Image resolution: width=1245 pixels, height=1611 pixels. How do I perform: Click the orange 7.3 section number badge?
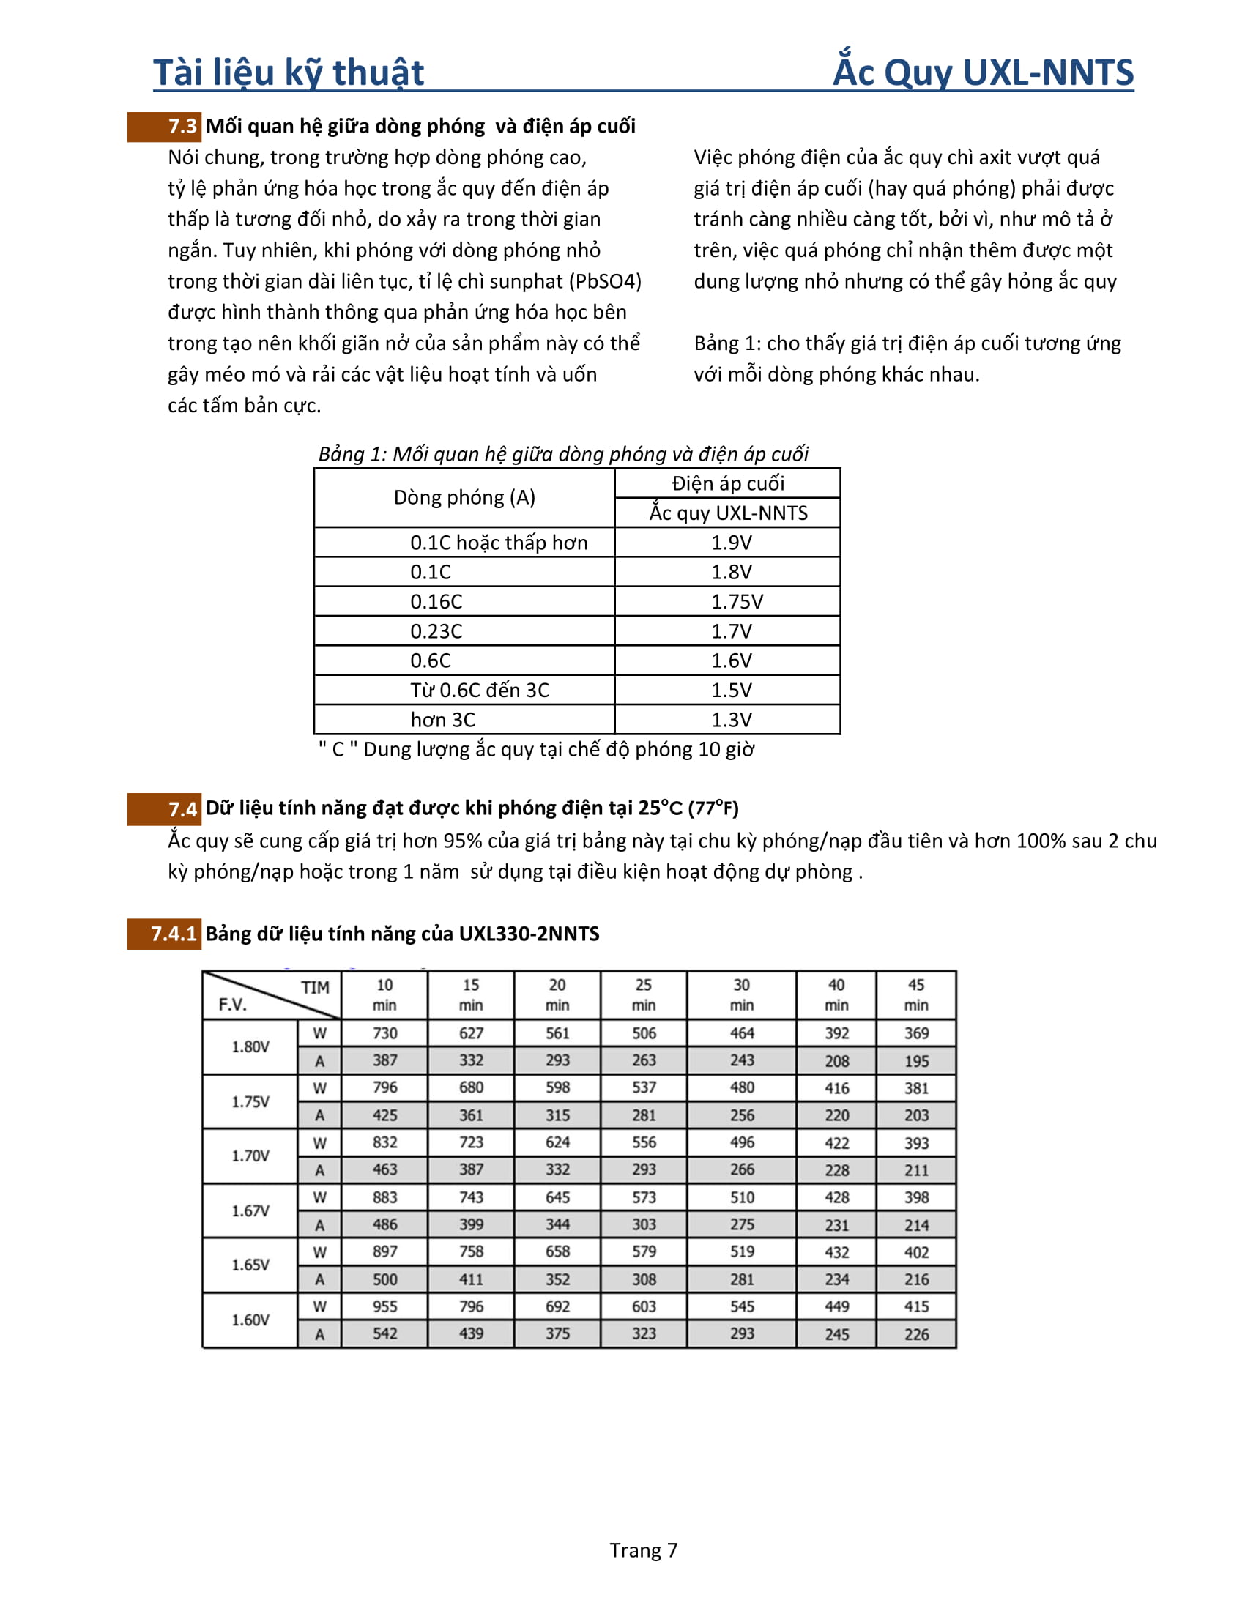(164, 126)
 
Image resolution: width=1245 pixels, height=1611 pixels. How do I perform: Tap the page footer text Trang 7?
(642, 1549)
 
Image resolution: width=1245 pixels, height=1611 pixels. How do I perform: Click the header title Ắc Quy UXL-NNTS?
(982, 72)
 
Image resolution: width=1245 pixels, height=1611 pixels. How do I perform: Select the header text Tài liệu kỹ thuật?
(289, 72)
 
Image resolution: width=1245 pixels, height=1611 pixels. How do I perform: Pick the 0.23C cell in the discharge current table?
(436, 631)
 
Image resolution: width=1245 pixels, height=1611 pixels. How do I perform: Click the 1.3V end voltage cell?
(731, 720)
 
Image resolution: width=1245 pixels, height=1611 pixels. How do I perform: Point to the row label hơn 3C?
(442, 720)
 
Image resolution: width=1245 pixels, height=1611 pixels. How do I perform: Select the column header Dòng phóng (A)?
(464, 497)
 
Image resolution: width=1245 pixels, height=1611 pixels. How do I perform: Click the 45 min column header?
(916, 995)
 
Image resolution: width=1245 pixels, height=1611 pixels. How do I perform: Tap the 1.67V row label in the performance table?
(250, 1210)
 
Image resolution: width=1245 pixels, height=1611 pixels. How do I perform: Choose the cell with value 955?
(384, 1306)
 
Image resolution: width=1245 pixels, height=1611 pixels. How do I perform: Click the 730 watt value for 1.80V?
(384, 1033)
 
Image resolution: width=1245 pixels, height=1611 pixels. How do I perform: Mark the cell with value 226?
(916, 1334)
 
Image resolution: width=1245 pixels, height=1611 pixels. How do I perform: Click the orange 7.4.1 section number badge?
(164, 934)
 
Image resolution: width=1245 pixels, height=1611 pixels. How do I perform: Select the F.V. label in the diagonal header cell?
(232, 1005)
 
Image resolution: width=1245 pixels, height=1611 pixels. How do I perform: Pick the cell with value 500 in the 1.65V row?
(384, 1279)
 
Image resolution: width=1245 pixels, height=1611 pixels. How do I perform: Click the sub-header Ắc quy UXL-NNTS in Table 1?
(728, 513)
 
